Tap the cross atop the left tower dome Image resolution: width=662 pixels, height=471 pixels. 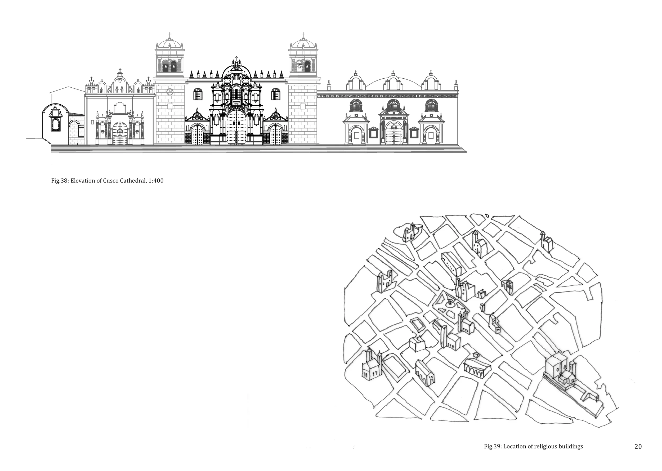(x=170, y=35)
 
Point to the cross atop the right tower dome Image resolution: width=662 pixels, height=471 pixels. (x=303, y=35)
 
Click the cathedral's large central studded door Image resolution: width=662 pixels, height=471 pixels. (x=236, y=128)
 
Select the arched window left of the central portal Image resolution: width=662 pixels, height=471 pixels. (x=198, y=94)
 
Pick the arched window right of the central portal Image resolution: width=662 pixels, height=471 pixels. (x=276, y=94)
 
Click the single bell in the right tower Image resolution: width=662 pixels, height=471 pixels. (x=299, y=67)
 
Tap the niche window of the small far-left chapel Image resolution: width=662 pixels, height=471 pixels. (x=55, y=124)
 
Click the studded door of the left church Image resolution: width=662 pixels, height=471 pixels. (x=120, y=133)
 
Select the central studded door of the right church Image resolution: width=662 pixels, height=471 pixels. (x=393, y=133)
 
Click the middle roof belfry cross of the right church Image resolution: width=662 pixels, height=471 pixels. (x=393, y=72)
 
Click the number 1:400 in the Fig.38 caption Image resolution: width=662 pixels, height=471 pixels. (x=156, y=181)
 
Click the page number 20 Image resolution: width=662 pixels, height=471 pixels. (x=638, y=446)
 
